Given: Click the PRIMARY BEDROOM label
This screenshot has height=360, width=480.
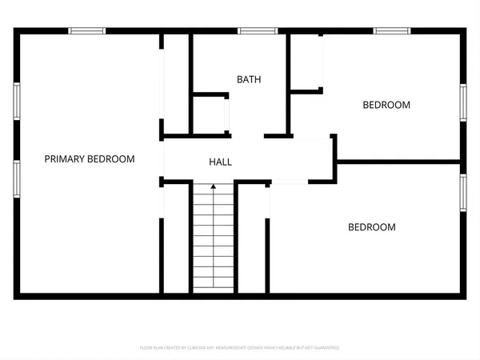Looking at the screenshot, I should (90, 159).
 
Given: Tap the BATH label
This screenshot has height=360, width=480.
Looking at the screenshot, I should (249, 79).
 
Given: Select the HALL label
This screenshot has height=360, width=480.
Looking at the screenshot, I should (221, 162).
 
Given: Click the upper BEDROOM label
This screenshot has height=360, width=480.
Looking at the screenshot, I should (386, 105).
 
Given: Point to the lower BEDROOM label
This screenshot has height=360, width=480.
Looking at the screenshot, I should (371, 227).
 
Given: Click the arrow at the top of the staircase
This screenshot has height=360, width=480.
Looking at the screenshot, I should (214, 187).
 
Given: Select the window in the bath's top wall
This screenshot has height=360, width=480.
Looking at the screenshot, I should (253, 31).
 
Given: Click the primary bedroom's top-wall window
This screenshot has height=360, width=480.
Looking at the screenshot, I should (86, 31).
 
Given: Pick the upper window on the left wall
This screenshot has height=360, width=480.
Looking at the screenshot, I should (17, 102).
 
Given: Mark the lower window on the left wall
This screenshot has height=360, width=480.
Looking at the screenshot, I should (17, 178).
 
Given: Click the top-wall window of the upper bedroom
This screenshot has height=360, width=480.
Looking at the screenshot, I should (391, 31).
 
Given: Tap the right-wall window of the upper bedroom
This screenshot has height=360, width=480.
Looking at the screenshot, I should (462, 102).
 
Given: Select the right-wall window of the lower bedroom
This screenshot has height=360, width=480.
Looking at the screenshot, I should (462, 193).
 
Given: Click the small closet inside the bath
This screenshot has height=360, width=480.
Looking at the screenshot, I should (210, 114).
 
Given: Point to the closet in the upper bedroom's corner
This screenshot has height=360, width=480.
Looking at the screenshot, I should (306, 62).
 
